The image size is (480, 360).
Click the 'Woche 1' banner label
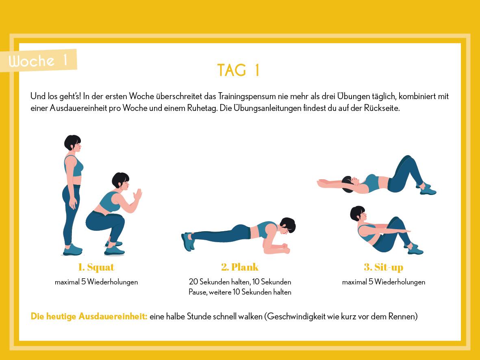[38, 61]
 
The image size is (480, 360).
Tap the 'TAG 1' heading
[239, 70]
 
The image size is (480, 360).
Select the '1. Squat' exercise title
[96, 267]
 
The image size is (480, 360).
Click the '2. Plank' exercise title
[240, 267]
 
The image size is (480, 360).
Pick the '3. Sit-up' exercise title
[384, 267]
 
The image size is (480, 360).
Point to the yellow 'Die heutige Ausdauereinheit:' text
[89, 316]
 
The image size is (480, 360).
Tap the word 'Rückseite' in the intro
[381, 108]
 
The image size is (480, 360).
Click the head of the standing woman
[73, 143]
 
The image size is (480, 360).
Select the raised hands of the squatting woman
[137, 195]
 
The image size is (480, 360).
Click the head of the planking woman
[288, 225]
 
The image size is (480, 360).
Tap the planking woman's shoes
[188, 241]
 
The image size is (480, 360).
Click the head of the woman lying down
[348, 184]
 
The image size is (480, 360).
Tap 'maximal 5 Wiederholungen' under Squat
[96, 282]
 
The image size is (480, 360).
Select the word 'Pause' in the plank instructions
[198, 292]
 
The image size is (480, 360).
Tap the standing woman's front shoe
[73, 250]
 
